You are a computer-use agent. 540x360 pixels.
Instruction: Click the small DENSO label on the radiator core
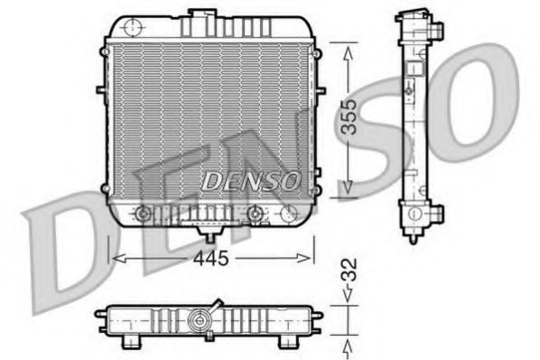[x=249, y=180]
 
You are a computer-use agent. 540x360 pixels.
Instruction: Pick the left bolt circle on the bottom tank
[x=142, y=214]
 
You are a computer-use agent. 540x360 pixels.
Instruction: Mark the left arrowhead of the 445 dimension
[x=114, y=259]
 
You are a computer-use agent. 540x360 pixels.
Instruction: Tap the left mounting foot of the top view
[x=133, y=341]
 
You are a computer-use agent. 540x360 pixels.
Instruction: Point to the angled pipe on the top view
[x=217, y=305]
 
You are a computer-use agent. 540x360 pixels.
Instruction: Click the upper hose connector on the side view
[x=438, y=29]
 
